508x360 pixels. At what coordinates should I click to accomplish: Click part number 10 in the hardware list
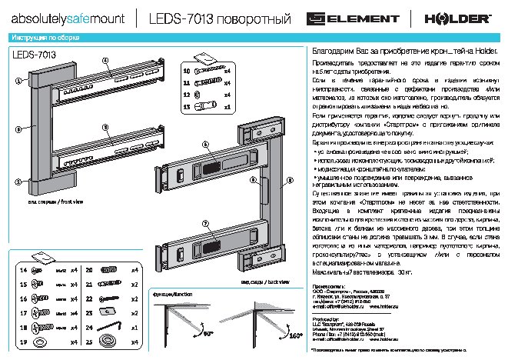(186, 71)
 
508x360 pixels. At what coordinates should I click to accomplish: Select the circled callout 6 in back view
(205, 145)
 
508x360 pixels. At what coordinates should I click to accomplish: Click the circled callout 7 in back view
(205, 222)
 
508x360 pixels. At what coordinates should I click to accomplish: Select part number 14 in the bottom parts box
(23, 272)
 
